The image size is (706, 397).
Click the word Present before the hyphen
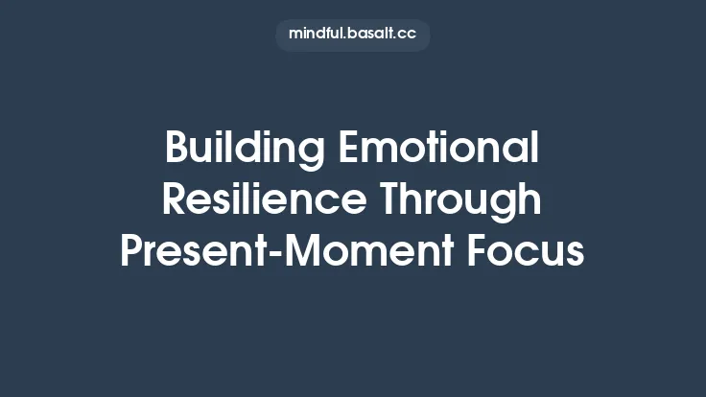click(x=192, y=251)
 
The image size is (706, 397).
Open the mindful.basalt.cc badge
click(x=352, y=35)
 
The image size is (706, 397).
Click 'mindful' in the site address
click(x=316, y=35)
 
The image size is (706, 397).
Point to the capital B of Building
click(x=176, y=150)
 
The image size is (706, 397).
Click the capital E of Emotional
click(x=348, y=150)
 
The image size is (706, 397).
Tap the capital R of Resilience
click(x=174, y=200)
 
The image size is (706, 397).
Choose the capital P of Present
click(x=131, y=251)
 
